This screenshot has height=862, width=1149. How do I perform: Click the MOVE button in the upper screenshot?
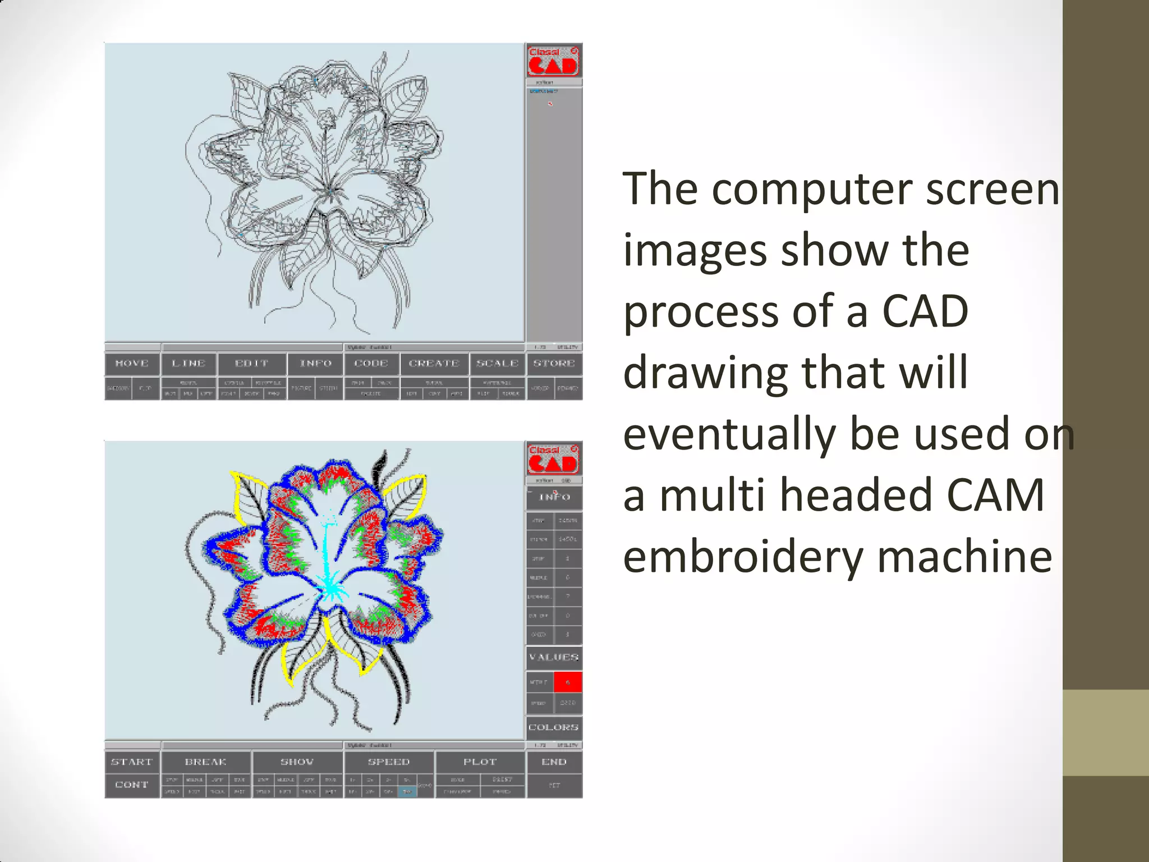pyautogui.click(x=132, y=364)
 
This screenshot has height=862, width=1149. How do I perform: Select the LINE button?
pyautogui.click(x=189, y=364)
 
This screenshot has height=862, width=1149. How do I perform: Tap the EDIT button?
pyautogui.click(x=252, y=364)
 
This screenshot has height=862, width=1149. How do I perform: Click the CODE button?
pyautogui.click(x=371, y=364)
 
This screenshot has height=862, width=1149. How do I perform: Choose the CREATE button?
pyautogui.click(x=434, y=364)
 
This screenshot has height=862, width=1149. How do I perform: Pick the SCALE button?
pyautogui.click(x=498, y=364)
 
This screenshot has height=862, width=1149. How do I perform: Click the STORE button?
pyautogui.click(x=554, y=364)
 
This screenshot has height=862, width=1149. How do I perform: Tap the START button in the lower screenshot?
pyautogui.click(x=132, y=762)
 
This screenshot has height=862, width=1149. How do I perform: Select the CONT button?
pyautogui.click(x=132, y=785)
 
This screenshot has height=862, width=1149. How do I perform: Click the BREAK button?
pyautogui.click(x=206, y=762)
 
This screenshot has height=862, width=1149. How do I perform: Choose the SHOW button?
pyautogui.click(x=297, y=762)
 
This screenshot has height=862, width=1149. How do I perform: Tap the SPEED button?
pyautogui.click(x=389, y=762)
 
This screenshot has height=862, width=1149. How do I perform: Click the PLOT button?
pyautogui.click(x=480, y=762)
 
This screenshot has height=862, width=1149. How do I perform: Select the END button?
pyautogui.click(x=554, y=762)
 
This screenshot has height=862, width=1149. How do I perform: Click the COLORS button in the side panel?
pyautogui.click(x=554, y=727)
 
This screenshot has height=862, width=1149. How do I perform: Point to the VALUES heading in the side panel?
pyautogui.click(x=554, y=657)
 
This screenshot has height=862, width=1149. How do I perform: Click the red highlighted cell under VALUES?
pyautogui.click(x=568, y=682)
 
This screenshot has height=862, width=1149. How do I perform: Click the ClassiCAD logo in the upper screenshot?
pyautogui.click(x=553, y=61)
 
